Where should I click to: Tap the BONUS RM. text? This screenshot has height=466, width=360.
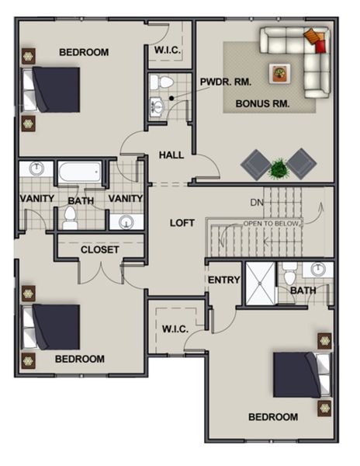pyautogui.click(x=262, y=103)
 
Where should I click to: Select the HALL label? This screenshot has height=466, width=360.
pyautogui.click(x=171, y=155)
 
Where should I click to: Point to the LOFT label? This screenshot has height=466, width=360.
pyautogui.click(x=182, y=222)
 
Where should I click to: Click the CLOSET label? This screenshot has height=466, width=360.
pyautogui.click(x=100, y=249)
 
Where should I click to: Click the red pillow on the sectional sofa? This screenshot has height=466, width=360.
pyautogui.click(x=321, y=46)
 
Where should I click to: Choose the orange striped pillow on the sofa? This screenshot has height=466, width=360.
pyautogui.click(x=312, y=36)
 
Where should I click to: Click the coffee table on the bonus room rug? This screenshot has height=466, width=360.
pyautogui.click(x=278, y=73)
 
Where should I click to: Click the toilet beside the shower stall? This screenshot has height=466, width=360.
pyautogui.click(x=289, y=276)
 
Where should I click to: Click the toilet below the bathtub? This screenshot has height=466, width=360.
pyautogui.click(x=70, y=217)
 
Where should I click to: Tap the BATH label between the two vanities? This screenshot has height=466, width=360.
pyautogui.click(x=80, y=200)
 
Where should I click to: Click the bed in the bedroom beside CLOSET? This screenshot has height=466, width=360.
pyautogui.click(x=53, y=327)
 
